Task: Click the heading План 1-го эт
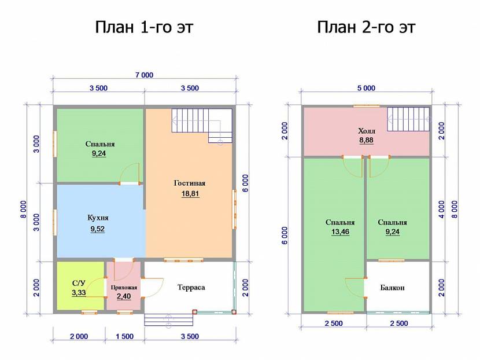[x=144, y=27]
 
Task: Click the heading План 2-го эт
[x=366, y=27]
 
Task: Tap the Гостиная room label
[x=190, y=183]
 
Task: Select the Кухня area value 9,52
[x=97, y=229]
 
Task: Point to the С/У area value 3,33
[x=79, y=293]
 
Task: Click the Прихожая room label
[x=124, y=288]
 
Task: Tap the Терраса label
[x=191, y=288]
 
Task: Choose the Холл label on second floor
[x=367, y=131]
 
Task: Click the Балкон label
[x=393, y=288]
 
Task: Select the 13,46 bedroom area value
[x=340, y=232]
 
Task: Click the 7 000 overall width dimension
[x=144, y=75]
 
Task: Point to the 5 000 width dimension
[x=366, y=88]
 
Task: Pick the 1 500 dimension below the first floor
[x=124, y=336]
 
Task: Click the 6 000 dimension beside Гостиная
[x=246, y=183]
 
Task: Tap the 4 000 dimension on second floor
[x=441, y=210]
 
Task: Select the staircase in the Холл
[x=408, y=119]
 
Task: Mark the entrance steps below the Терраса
[x=169, y=319]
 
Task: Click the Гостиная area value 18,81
[x=190, y=194]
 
